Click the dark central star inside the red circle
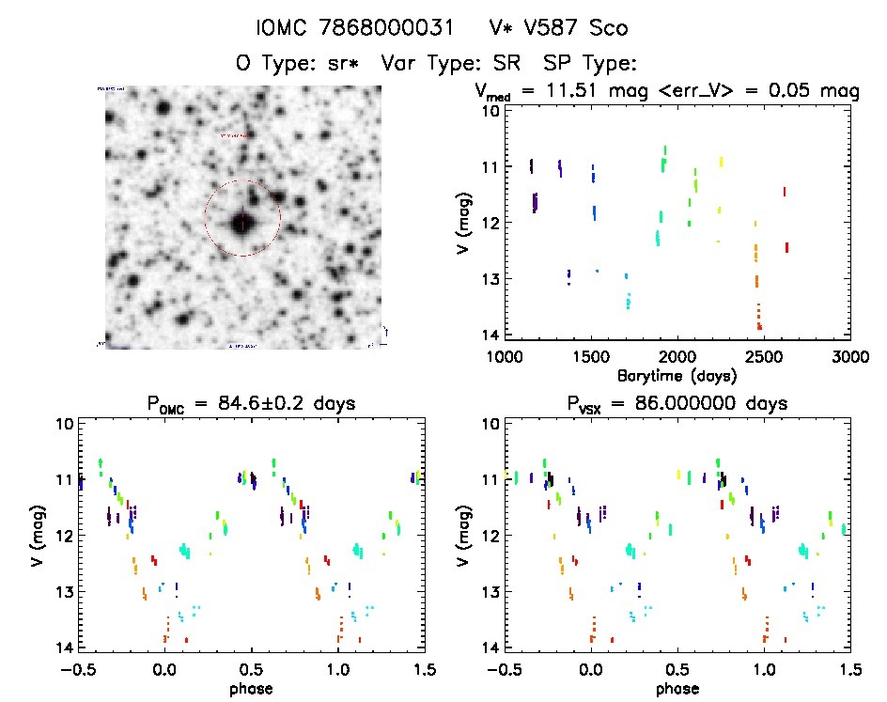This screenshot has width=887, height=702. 242,223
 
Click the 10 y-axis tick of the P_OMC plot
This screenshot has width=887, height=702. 65,424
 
